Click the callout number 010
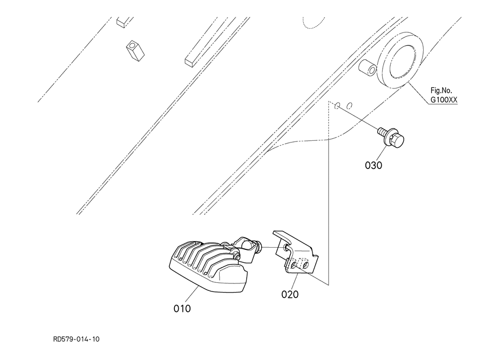tap(182, 309)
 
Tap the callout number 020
tap(289, 294)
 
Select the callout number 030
tap(373, 165)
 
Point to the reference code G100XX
tap(444, 100)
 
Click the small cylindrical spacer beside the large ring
tap(369, 70)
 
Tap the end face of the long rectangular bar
tap(189, 62)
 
